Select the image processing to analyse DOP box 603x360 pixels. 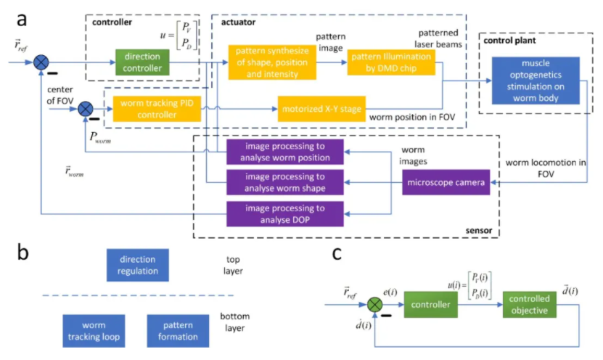(x=284, y=213)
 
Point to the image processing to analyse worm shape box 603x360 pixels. (x=284, y=183)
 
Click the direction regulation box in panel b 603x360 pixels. (x=137, y=265)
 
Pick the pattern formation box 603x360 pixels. (x=178, y=331)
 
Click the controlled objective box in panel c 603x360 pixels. (x=528, y=306)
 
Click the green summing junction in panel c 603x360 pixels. (x=374, y=306)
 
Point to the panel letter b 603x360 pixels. (x=24, y=253)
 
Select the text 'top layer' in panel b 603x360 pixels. (x=234, y=264)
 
